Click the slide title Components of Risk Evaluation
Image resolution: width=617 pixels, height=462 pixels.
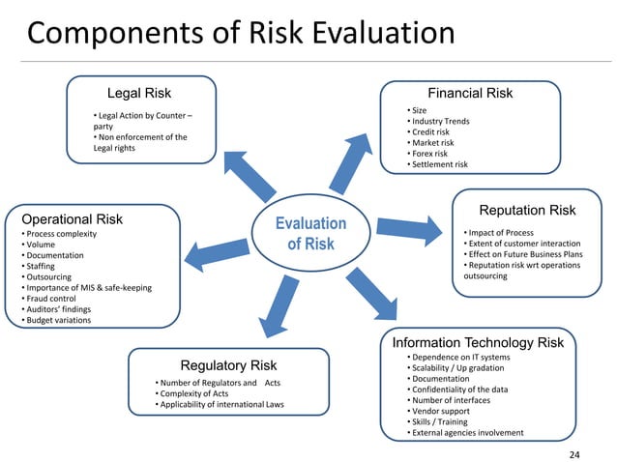[241, 34]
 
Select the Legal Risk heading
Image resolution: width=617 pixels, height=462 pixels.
[139, 94]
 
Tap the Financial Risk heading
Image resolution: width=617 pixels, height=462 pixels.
[470, 94]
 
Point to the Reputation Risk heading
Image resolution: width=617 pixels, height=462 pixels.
[527, 210]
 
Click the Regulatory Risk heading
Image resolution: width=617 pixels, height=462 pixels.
[228, 365]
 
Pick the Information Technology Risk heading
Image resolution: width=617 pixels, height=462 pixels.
[478, 342]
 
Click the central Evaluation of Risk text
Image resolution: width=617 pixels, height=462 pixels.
[309, 233]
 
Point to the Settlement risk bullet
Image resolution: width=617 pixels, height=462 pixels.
[438, 164]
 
